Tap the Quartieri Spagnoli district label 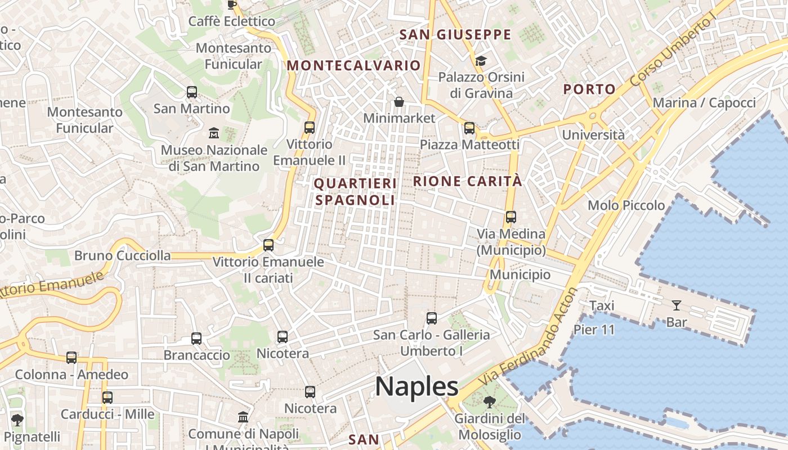click(355, 192)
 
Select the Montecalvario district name click(354, 65)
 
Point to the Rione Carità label click(468, 181)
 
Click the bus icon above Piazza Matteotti click(469, 128)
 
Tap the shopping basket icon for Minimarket click(399, 102)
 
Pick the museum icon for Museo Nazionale click(214, 133)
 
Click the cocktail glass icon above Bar click(676, 305)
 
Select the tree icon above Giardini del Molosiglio click(489, 402)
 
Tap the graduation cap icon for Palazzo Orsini click(481, 61)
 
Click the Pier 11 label click(594, 330)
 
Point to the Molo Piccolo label click(626, 205)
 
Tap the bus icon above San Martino click(192, 92)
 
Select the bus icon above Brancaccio click(196, 339)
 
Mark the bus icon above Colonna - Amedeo click(71, 358)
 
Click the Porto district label click(589, 89)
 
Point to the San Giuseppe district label click(455, 34)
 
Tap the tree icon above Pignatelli click(17, 420)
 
